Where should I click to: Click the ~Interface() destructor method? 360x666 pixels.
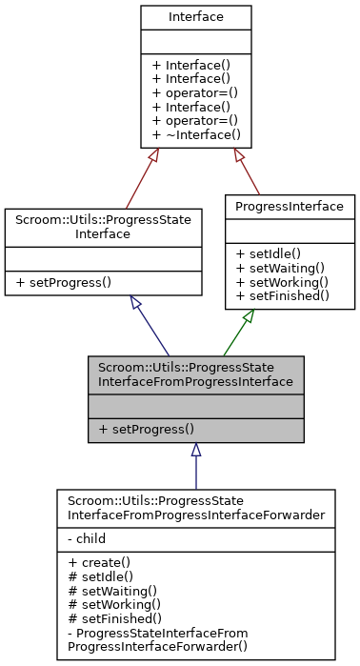coord(196,135)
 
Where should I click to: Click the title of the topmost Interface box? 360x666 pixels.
coord(196,17)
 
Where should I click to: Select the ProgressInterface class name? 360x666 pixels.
coord(290,206)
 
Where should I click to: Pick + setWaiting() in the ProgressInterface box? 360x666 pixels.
coord(283,268)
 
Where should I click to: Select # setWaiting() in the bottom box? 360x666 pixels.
coord(105,591)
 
